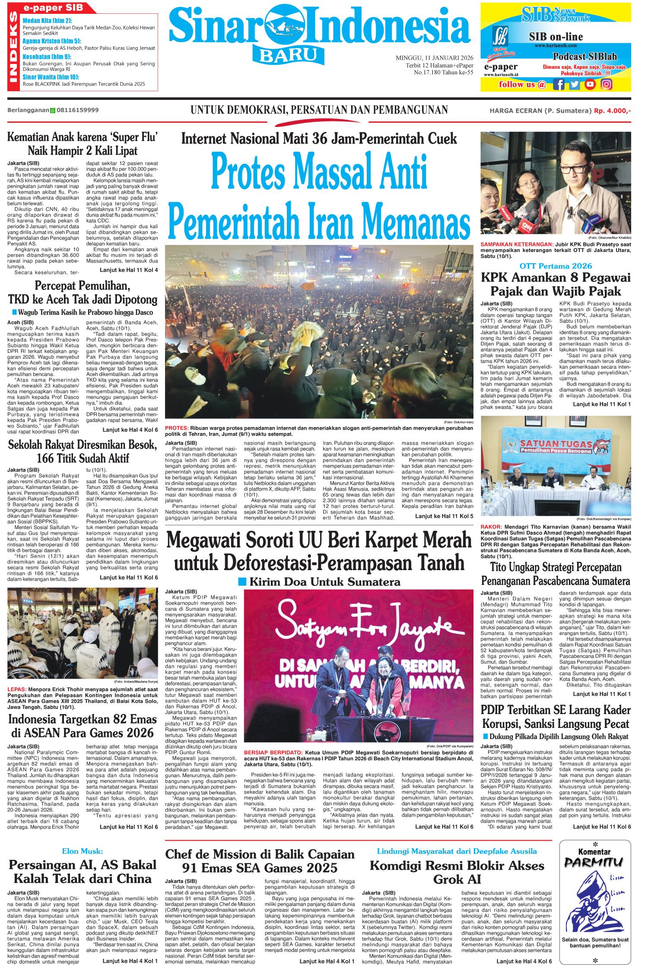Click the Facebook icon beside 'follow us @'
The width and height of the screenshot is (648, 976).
(x=559, y=84)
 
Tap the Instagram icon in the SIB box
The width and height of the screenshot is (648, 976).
(x=607, y=84)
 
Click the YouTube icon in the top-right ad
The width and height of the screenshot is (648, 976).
(x=590, y=84)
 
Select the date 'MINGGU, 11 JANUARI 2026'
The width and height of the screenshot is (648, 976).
(x=434, y=58)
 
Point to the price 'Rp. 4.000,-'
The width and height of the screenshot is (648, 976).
(x=612, y=111)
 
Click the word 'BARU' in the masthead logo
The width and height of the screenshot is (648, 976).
(x=288, y=55)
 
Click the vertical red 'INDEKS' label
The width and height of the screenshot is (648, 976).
(x=13, y=47)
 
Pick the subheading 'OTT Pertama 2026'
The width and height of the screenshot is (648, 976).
(x=556, y=266)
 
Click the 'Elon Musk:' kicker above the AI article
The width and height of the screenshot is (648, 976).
(x=82, y=851)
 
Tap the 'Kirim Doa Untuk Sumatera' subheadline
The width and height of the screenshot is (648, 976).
(x=325, y=582)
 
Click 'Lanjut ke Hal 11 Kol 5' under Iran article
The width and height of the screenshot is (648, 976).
(x=444, y=516)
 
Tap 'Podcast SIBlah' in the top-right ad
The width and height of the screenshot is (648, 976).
(x=585, y=57)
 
